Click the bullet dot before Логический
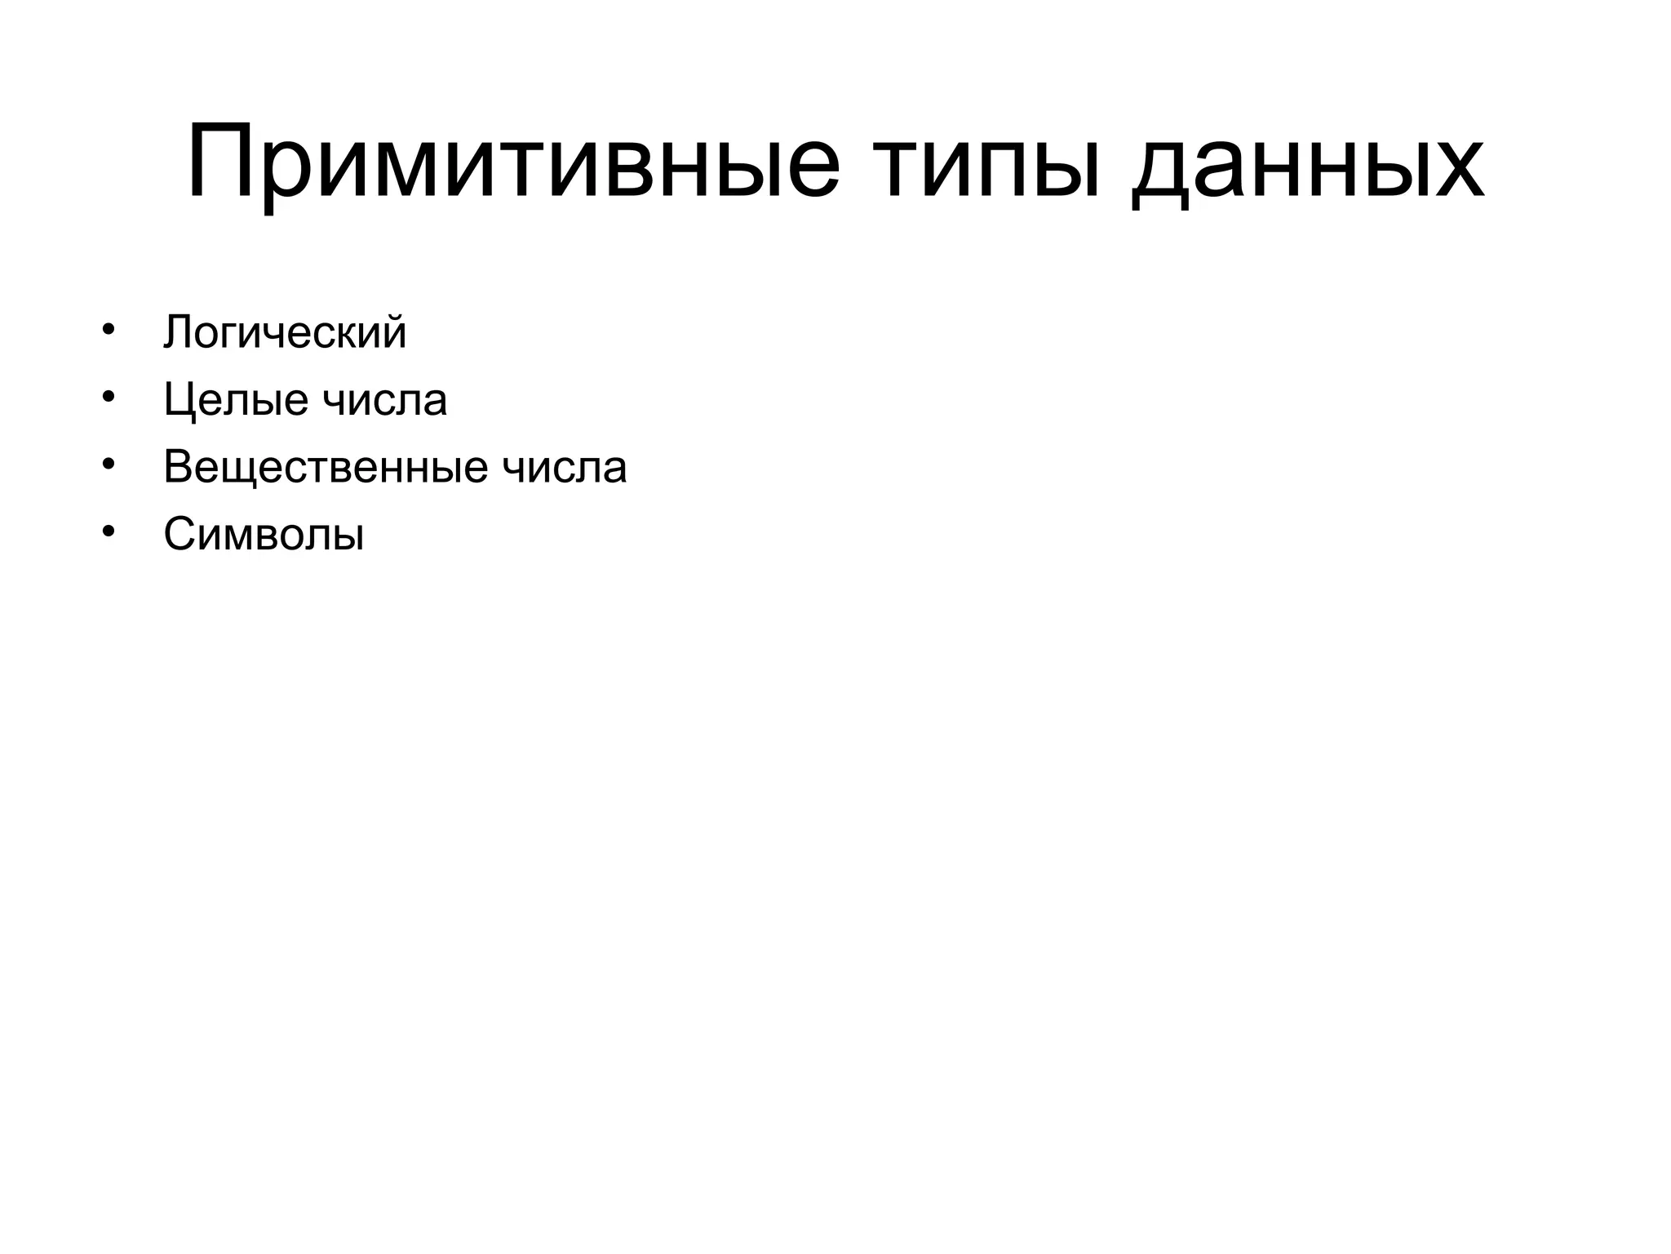click(108, 330)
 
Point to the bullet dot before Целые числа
click(108, 398)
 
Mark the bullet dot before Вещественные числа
click(108, 465)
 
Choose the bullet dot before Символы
click(108, 533)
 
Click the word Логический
click(285, 332)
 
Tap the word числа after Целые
click(385, 400)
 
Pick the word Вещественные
click(326, 468)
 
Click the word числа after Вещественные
click(565, 468)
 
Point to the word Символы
click(264, 536)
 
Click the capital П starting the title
click(219, 162)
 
